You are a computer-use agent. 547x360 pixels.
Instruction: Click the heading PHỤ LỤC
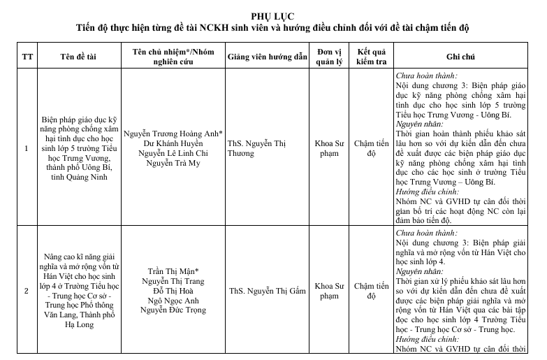[x=272, y=16]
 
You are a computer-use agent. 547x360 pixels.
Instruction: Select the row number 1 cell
[x=27, y=148]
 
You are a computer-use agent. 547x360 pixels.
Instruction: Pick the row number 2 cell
[x=27, y=290]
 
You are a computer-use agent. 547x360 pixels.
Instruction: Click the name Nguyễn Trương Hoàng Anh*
[x=173, y=133]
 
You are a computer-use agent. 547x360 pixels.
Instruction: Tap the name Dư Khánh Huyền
[x=173, y=143]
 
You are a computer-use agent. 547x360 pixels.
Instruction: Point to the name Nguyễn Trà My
[x=173, y=163]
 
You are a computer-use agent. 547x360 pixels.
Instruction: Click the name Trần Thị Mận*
[x=173, y=271]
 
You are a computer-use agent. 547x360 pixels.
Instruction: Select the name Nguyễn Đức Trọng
[x=173, y=310]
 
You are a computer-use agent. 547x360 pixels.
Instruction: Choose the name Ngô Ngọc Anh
[x=173, y=300]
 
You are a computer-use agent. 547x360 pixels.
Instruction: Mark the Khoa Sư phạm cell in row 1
[x=328, y=148]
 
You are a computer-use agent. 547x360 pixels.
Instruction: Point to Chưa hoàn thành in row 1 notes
[x=427, y=75]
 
